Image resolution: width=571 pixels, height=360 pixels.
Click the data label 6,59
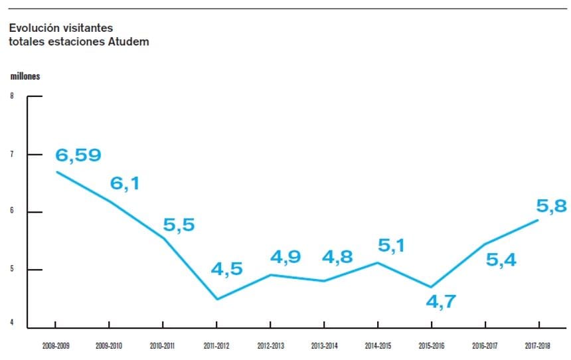point(78,155)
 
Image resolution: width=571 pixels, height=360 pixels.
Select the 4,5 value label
point(227,269)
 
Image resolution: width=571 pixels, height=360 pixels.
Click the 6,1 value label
point(125,183)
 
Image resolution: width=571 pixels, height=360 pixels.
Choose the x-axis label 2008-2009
point(55,346)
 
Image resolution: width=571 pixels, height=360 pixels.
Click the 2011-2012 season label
point(216,346)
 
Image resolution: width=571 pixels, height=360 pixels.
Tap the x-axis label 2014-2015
point(377,346)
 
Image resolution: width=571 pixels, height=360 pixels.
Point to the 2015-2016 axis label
point(431,346)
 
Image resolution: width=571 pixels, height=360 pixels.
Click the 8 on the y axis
point(11,96)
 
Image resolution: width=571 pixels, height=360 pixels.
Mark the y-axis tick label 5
point(11,270)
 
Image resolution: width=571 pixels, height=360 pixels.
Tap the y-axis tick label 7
point(11,154)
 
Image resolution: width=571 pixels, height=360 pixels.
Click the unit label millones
point(25,76)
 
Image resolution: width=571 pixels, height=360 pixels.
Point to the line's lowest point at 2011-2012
point(217,299)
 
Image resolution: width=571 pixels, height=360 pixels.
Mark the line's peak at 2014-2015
point(377,262)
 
